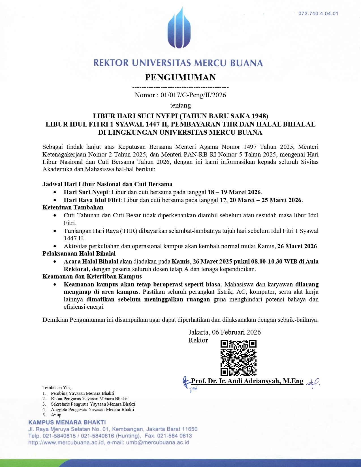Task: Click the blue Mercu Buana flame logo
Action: pos(179,28)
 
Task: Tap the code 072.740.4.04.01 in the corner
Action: pos(318,14)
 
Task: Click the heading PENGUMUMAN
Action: pos(180,77)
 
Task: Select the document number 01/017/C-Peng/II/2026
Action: pos(193,95)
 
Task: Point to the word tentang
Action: pos(180,105)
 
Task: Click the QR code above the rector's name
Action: pos(238,358)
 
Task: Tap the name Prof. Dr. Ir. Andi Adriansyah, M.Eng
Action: pos(247,381)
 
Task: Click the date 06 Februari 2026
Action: pos(236,332)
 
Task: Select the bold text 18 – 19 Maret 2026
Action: pos(234,192)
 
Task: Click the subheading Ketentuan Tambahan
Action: pos(73,207)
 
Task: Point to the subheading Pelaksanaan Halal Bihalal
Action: pos(79,254)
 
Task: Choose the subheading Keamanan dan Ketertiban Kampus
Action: pos(92,277)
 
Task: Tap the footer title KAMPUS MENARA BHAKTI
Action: pos(67,423)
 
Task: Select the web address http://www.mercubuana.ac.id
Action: pos(66,443)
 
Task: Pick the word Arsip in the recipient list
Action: pos(56,415)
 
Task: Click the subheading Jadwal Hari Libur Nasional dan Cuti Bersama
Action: pos(107,184)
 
